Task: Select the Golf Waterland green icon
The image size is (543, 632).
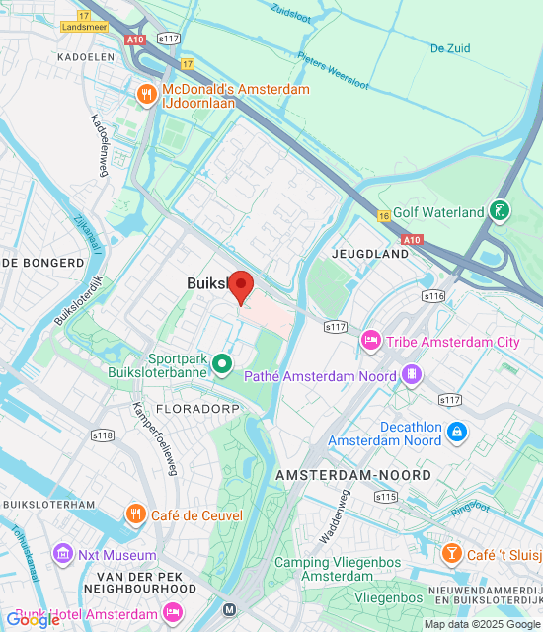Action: coord(502,211)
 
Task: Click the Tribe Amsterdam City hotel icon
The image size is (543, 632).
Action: coord(372,342)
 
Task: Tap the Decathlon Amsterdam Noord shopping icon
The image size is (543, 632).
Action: coord(456,432)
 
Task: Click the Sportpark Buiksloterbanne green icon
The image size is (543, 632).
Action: coord(223,365)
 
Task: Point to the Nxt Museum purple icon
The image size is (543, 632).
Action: coord(65,554)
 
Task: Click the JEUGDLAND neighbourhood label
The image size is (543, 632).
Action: coord(371,254)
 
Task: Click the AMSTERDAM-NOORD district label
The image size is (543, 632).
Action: coord(353,475)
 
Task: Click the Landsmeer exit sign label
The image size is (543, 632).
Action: coord(86,27)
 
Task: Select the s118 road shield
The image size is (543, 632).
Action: coord(102,434)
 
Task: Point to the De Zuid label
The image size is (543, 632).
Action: coord(450,46)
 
